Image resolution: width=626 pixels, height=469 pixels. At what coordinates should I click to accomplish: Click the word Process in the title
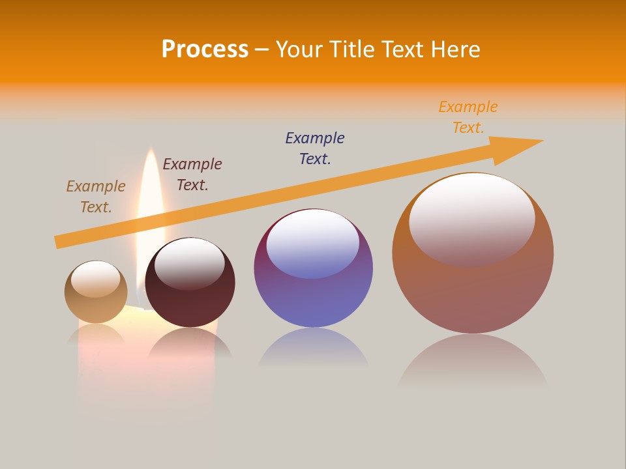pos(205,50)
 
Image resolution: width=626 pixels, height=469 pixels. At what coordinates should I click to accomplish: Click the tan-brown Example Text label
pos(96,197)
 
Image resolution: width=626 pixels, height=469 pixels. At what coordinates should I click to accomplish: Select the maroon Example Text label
pos(192,175)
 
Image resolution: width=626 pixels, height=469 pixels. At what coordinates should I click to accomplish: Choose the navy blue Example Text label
pos(315,148)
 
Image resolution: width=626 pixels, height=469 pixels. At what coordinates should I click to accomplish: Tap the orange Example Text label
pos(468,117)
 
